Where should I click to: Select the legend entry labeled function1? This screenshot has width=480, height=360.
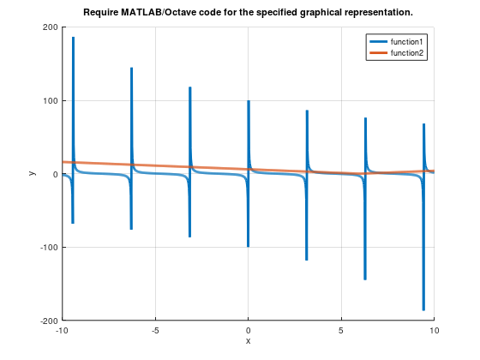407,42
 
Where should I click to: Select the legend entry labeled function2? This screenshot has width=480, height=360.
407,53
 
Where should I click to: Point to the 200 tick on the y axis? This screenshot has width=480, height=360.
49,27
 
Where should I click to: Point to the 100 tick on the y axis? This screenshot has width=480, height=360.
49,101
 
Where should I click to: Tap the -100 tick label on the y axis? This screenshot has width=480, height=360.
47,248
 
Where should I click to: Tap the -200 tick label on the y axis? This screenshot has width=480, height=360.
47,321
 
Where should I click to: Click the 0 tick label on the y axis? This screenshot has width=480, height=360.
54,174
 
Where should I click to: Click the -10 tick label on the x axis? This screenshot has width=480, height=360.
62,330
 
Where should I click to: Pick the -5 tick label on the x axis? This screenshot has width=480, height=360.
155,330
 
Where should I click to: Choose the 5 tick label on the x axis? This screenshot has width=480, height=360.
341,330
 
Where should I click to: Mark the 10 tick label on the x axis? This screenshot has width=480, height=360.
434,330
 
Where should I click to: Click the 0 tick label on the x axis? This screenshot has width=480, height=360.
248,330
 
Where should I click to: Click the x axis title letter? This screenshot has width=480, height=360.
248,341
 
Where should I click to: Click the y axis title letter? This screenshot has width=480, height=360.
32,174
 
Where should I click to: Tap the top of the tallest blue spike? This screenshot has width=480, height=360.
73,38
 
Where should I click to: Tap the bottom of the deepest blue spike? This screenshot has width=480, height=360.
423,309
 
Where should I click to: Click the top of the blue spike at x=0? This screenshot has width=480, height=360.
249,101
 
